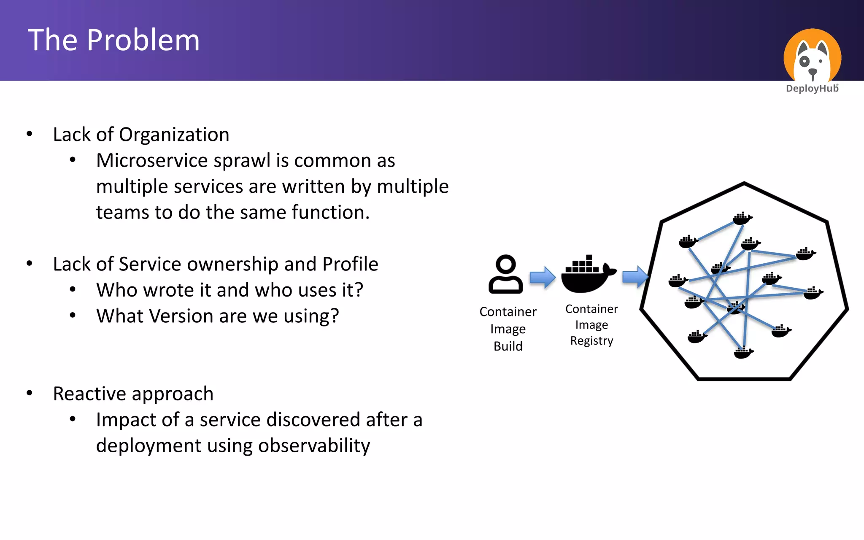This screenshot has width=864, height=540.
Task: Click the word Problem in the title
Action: (x=143, y=40)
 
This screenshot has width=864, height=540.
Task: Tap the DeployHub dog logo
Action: (x=812, y=57)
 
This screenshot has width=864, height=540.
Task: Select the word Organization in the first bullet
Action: (x=174, y=135)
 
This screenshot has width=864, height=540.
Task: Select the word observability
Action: (x=314, y=446)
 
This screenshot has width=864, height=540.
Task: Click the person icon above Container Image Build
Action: (x=505, y=274)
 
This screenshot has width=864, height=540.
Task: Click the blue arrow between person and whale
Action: (x=543, y=277)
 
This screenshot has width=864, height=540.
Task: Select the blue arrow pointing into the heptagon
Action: (x=635, y=277)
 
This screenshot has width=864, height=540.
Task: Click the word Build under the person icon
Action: (x=508, y=346)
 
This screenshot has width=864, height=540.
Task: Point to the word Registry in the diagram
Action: (x=591, y=341)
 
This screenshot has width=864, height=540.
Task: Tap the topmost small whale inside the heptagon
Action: (x=742, y=219)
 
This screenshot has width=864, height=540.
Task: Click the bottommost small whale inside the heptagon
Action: (x=743, y=352)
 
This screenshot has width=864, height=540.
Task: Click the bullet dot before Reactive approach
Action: (x=30, y=393)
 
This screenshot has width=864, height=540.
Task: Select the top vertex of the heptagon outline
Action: (x=744, y=183)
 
